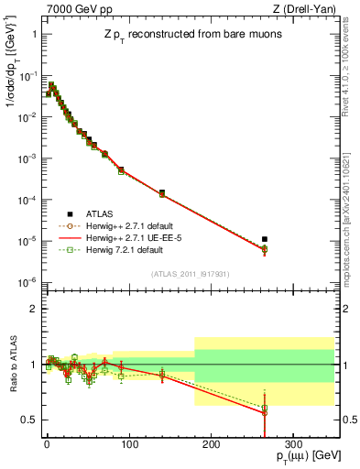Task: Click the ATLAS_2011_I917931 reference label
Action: coord(190,274)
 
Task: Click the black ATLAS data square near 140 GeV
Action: coord(162,193)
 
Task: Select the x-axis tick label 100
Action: coord(128,442)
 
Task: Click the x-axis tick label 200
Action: coord(211,442)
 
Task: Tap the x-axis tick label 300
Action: coord(292,442)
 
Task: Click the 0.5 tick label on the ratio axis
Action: coord(30,420)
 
